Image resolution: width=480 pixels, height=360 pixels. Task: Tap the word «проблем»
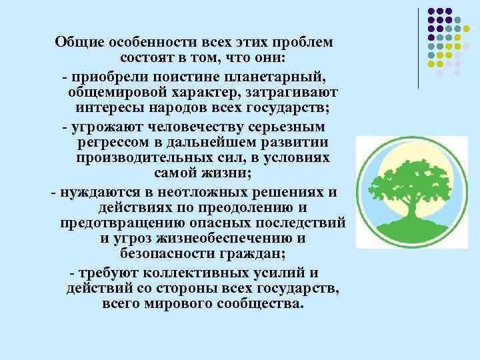[x=301, y=42]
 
